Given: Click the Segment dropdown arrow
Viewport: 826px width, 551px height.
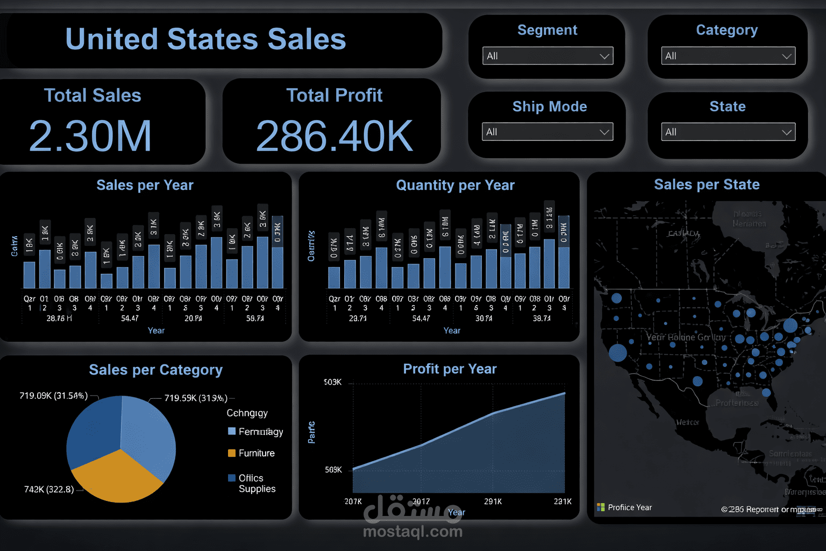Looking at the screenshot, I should click(x=604, y=56).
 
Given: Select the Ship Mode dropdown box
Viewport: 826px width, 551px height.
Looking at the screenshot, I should click(x=547, y=132).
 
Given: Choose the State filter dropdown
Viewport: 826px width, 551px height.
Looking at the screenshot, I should click(x=728, y=132).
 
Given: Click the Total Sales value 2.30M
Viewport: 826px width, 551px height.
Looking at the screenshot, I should click(x=90, y=136).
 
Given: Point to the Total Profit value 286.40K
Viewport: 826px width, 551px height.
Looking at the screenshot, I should click(x=334, y=136).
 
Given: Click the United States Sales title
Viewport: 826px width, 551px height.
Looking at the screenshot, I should click(x=205, y=39).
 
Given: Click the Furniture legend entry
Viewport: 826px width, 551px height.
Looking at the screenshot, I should click(x=256, y=453).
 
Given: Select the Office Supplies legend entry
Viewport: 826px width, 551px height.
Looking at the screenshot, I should click(x=257, y=483).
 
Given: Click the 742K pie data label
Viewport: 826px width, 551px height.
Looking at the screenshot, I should click(x=49, y=489).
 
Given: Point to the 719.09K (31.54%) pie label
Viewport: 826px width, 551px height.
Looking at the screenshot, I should click(x=53, y=395).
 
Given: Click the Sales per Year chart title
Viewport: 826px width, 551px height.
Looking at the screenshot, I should click(x=145, y=185).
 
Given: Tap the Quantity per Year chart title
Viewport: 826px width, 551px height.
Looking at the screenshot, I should click(x=455, y=185).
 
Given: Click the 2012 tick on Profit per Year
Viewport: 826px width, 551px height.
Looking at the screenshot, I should click(x=421, y=501).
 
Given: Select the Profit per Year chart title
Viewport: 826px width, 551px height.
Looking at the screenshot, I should click(x=450, y=369).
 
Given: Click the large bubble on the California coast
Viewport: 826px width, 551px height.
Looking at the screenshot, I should click(x=618, y=352).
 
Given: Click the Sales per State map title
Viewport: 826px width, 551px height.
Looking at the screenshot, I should click(x=707, y=185).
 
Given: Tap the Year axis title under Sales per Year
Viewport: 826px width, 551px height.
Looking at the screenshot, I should click(x=156, y=330).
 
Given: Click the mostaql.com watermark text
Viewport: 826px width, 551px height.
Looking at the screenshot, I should click(x=412, y=532).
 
